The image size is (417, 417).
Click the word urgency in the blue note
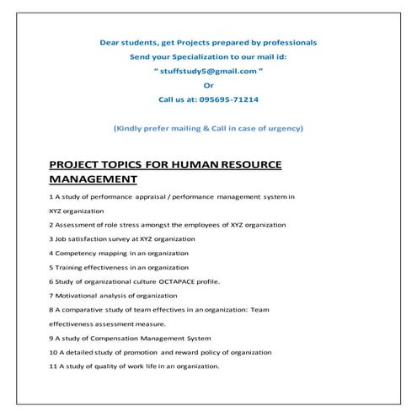[x=285, y=128]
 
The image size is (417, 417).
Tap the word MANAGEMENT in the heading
[x=93, y=179]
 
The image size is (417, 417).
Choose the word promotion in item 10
[x=139, y=351]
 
